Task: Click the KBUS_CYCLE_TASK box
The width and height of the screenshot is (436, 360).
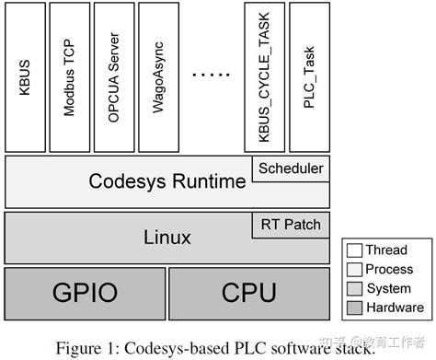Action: pyautogui.click(x=263, y=77)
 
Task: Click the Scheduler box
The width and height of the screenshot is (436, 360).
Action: pyautogui.click(x=291, y=168)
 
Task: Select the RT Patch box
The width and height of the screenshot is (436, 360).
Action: pyautogui.click(x=291, y=224)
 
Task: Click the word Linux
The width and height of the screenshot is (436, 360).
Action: pyautogui.click(x=166, y=238)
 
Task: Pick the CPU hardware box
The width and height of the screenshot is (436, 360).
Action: pyautogui.click(x=248, y=292)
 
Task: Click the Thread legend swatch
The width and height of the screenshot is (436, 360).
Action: pyautogui.click(x=353, y=250)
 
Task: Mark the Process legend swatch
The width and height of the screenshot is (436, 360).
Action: pyautogui.click(x=353, y=269)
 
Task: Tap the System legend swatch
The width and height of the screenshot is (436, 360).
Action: pyautogui.click(x=353, y=288)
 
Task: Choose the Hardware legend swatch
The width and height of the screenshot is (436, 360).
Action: pyautogui.click(x=353, y=308)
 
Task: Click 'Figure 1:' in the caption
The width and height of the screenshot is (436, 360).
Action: pyautogui.click(x=87, y=347)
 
